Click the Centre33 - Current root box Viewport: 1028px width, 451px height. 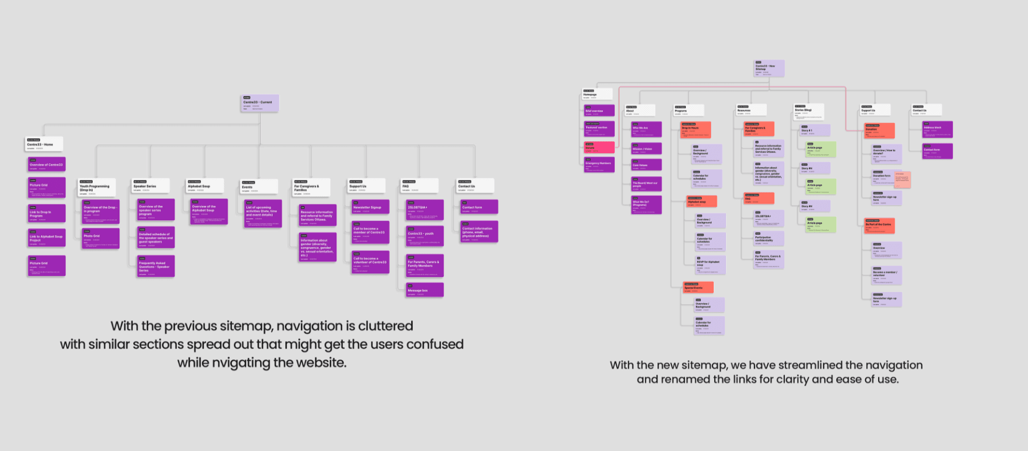click(260, 103)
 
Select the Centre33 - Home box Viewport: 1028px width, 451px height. click(44, 144)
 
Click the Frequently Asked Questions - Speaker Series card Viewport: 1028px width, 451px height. click(156, 266)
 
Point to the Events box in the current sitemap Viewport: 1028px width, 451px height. click(259, 187)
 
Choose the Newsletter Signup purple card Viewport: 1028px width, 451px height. click(371, 207)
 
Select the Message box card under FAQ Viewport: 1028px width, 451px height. click(425, 290)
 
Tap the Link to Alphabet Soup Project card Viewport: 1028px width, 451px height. click(47, 238)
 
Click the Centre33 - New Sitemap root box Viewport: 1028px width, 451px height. click(769, 68)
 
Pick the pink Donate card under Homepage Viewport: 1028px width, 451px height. click(599, 147)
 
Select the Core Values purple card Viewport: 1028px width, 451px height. click(646, 165)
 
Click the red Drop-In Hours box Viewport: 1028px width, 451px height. click(696, 130)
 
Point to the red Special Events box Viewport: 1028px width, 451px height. click(698, 288)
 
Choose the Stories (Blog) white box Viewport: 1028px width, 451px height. click(808, 111)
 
